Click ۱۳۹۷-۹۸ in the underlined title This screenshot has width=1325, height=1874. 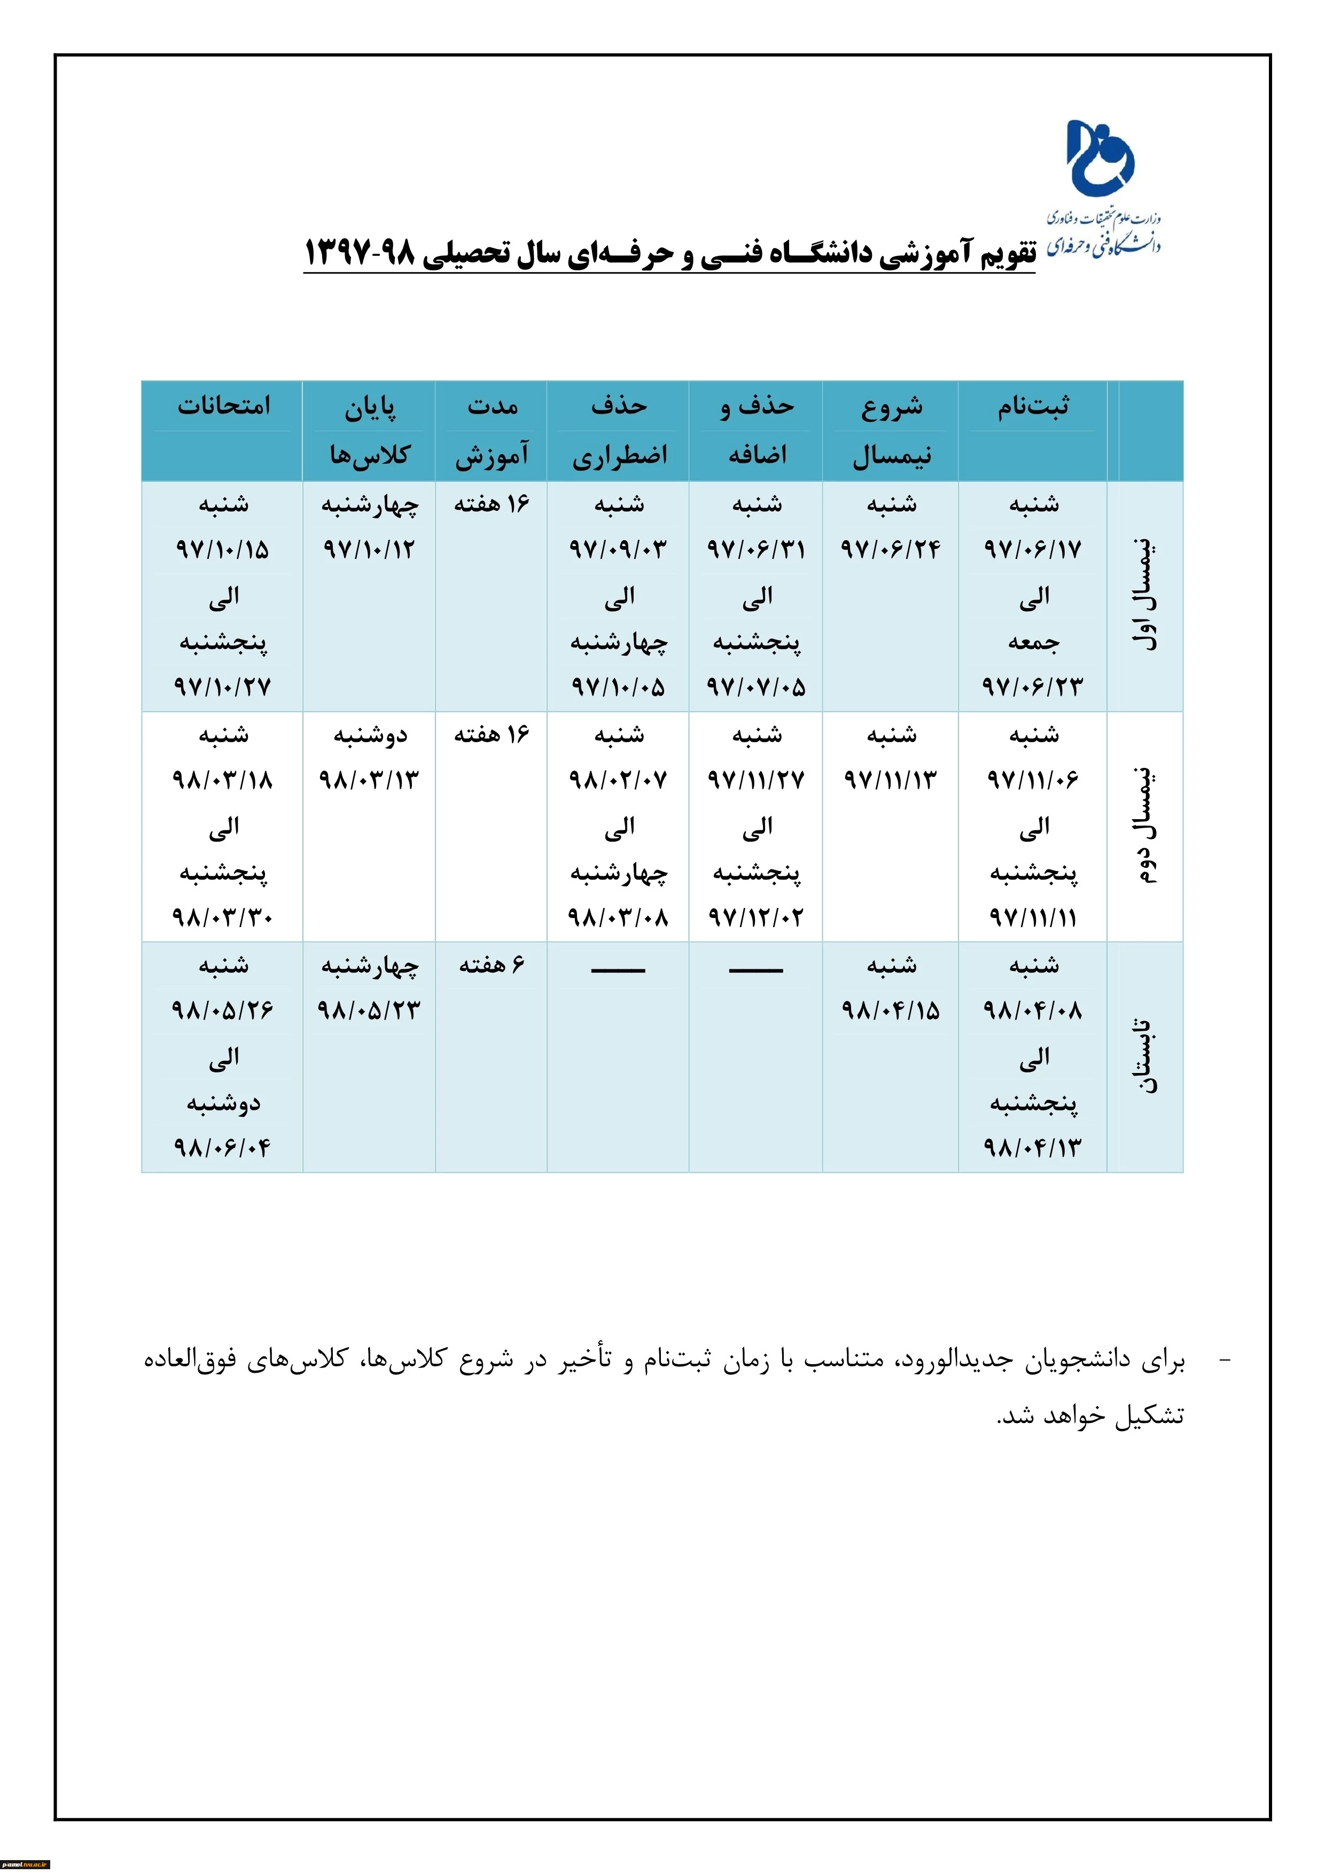360,254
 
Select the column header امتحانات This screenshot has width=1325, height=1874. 223,406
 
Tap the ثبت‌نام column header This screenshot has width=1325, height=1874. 1033,406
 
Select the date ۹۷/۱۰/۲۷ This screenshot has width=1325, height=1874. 222,687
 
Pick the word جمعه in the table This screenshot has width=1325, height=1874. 1033,642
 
